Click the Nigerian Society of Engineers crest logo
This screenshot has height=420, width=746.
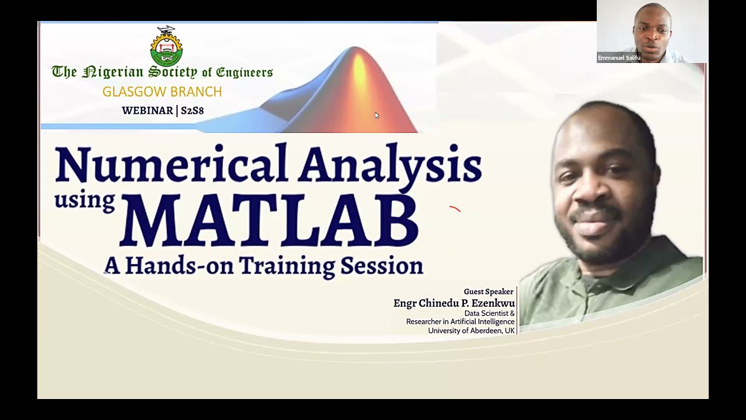click(166, 47)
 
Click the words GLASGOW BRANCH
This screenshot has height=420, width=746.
click(162, 92)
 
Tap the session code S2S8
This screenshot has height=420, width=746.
click(192, 110)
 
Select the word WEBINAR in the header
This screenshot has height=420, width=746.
click(147, 110)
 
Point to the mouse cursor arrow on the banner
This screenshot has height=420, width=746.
click(376, 115)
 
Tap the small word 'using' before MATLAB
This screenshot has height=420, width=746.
click(84, 200)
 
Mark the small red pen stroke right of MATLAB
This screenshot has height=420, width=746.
click(455, 208)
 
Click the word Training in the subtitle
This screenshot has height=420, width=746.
click(287, 265)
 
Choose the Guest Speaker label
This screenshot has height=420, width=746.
click(488, 292)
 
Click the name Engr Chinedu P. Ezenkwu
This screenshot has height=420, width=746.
click(454, 303)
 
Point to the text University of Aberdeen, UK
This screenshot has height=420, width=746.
click(471, 330)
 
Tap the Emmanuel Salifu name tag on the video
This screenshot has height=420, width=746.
click(619, 58)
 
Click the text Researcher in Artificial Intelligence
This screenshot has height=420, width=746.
click(460, 321)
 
